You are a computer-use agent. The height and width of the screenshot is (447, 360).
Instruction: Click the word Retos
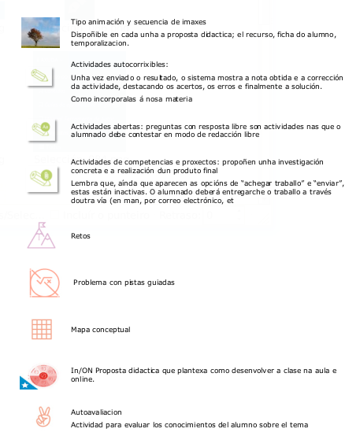[80, 235]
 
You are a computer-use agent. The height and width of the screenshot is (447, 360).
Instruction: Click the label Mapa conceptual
[100, 330]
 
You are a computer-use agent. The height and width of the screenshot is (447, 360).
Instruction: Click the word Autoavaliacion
[96, 412]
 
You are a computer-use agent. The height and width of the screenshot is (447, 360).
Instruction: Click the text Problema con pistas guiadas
[124, 282]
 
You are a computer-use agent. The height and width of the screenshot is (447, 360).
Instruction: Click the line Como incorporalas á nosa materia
[126, 100]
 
